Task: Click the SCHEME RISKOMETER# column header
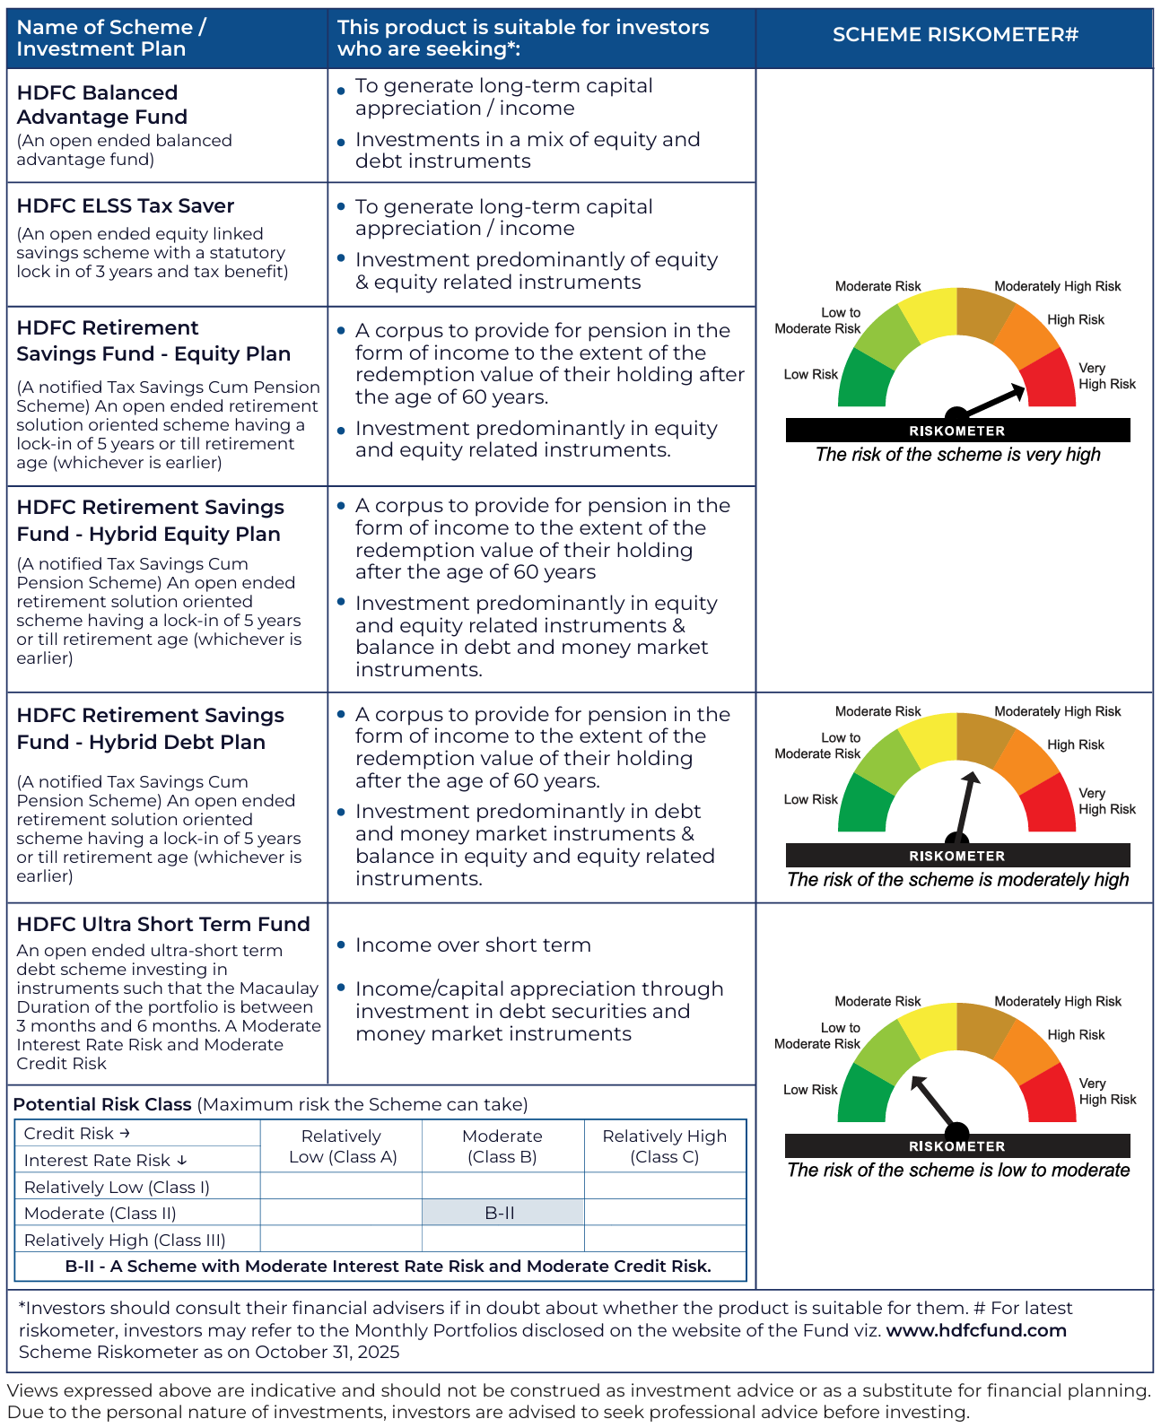[x=955, y=35]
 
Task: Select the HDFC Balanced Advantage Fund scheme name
[x=101, y=105]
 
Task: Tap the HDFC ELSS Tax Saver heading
[x=125, y=206]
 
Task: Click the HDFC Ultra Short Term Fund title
[x=163, y=925]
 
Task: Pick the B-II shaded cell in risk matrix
[x=501, y=1214]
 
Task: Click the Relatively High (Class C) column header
[x=664, y=1146]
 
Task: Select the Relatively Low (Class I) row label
[x=117, y=1188]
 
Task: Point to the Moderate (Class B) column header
[x=502, y=1146]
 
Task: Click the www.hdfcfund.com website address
[x=976, y=1330]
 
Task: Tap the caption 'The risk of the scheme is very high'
[x=957, y=455]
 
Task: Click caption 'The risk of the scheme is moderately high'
[x=957, y=880]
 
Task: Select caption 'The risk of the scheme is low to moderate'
[x=957, y=1171]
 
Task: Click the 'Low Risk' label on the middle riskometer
[x=810, y=800]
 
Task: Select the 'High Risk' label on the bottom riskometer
[x=1076, y=1035]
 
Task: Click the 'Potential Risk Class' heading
[x=102, y=1105]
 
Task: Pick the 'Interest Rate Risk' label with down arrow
[x=105, y=1161]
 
